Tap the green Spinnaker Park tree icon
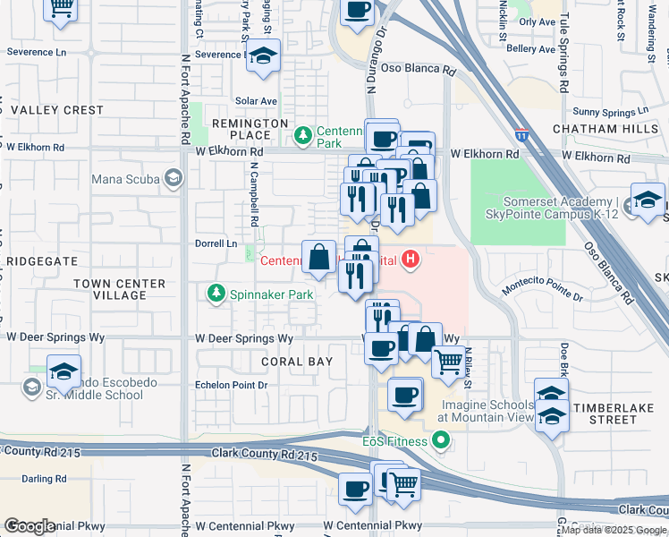pos(215,294)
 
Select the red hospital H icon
pos(410,260)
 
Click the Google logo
pos(30,526)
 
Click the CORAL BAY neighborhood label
pos(296,362)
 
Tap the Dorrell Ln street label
pos(216,243)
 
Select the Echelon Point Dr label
pos(231,385)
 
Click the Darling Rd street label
pos(44,479)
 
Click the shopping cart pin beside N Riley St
pos(448,362)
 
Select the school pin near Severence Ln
pos(263,56)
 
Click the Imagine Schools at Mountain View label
pos(487,411)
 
